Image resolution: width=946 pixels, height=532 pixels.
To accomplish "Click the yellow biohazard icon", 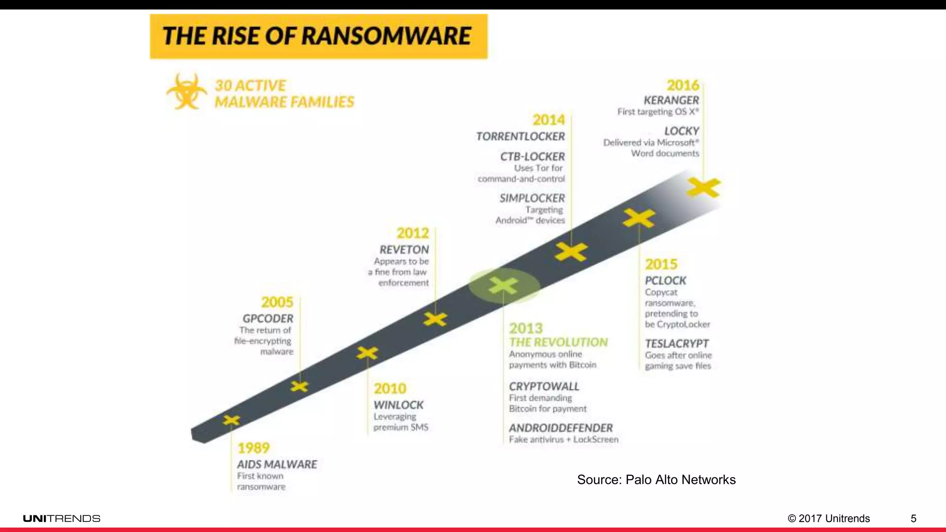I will point(186,91).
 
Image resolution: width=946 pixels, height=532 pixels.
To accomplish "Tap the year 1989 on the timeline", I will point(253,447).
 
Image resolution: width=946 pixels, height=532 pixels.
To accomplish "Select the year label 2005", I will point(277,302).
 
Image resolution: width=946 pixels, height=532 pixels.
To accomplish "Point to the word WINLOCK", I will point(398,405).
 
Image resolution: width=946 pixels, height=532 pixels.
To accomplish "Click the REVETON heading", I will point(404,249).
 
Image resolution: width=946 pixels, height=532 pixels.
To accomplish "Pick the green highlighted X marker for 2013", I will point(503,285).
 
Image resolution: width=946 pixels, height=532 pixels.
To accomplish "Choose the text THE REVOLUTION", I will point(558,342).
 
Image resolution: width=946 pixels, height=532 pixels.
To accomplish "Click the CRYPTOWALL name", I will point(544,386).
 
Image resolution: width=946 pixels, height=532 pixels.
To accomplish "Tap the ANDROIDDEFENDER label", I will point(561,428).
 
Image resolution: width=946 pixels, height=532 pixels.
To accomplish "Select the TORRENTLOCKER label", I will point(520,137).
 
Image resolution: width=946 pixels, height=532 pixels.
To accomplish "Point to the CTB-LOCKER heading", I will point(532,157).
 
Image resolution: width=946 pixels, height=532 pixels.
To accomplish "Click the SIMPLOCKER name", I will point(532,198).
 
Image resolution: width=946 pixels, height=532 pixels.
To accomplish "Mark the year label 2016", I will point(683,85).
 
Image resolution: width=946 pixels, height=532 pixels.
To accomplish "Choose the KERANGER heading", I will point(671,100).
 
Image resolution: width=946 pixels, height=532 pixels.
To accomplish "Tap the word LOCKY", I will point(681,131).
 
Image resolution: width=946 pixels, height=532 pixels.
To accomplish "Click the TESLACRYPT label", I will point(677,344).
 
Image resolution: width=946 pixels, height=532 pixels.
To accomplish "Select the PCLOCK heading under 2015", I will point(665,280).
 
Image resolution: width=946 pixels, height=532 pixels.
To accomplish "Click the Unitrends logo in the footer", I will point(61,519).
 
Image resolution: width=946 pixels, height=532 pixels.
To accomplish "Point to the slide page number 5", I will point(913,519).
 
